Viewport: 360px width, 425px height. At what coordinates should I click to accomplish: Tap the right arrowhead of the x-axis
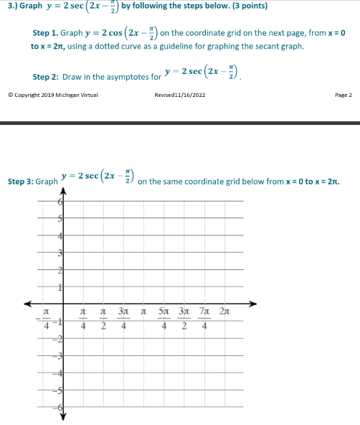252,303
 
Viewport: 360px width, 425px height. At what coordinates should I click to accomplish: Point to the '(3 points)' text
244,6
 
